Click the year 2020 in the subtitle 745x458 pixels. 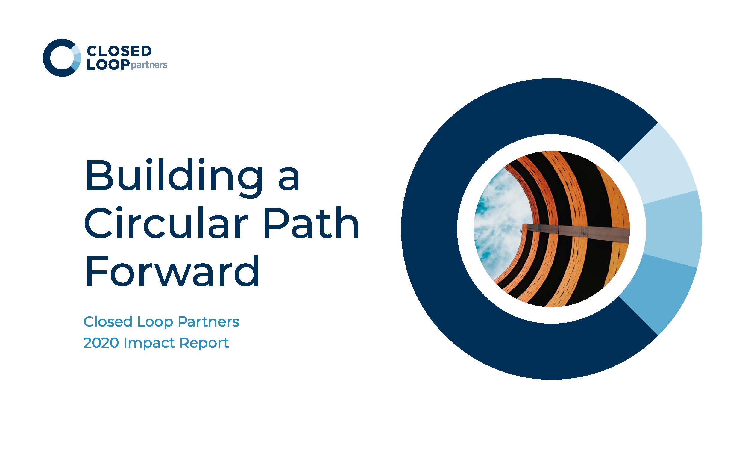click(x=101, y=343)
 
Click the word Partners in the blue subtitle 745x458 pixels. click(x=209, y=322)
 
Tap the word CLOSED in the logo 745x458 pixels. click(x=119, y=51)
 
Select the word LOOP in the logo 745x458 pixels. click(x=108, y=64)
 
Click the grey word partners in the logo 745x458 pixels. click(x=149, y=65)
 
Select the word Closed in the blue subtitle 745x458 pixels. click(x=108, y=322)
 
